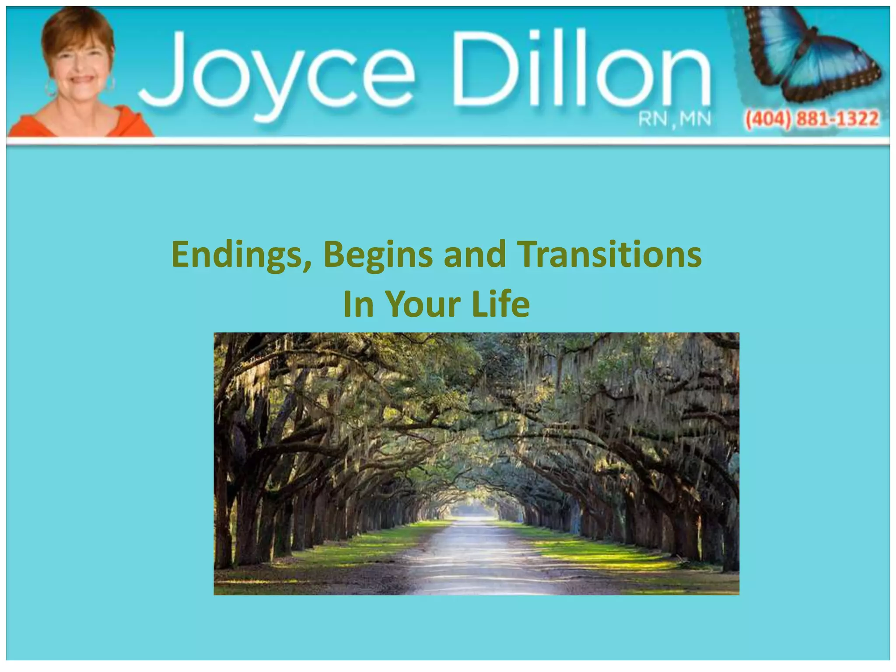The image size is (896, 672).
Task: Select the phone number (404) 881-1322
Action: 812,119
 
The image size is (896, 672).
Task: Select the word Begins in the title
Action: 378,255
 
